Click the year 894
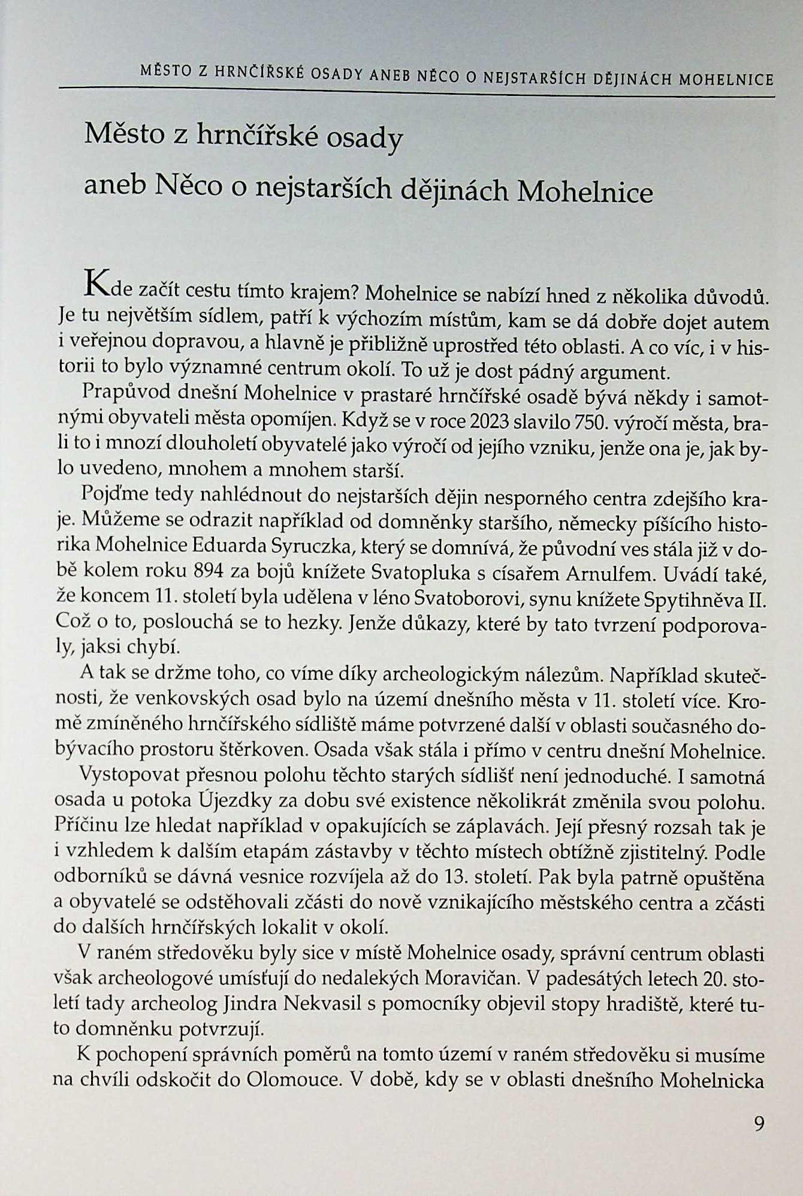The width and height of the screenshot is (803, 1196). tap(207, 573)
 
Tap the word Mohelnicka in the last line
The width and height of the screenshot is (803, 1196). tap(711, 1080)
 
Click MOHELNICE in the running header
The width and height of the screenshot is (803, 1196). tap(726, 79)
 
